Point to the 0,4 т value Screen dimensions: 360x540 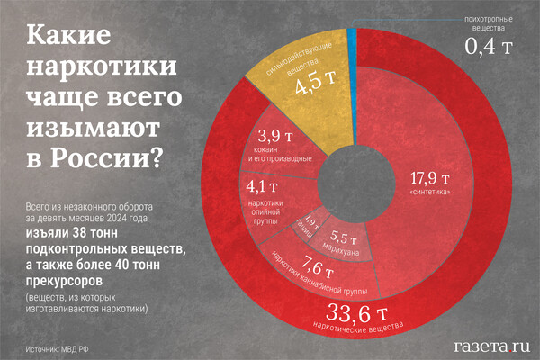pyautogui.click(x=490, y=43)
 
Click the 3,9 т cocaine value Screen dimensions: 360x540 pyautogui.click(x=268, y=137)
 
